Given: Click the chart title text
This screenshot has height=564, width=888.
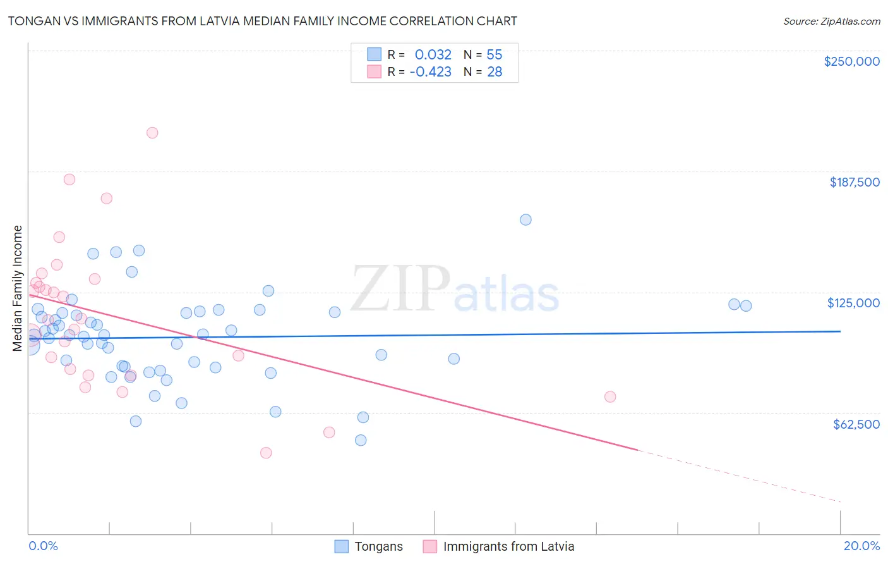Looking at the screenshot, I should tap(262, 21).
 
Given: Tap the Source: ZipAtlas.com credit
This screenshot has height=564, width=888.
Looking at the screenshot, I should tap(831, 21).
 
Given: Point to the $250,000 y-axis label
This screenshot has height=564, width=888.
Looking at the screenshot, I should tap(851, 61).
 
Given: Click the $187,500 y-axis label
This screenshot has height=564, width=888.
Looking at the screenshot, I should tap(854, 182).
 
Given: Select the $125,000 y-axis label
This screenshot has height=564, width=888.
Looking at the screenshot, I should tap(853, 303).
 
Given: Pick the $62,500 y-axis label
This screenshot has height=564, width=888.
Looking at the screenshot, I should tap(856, 424).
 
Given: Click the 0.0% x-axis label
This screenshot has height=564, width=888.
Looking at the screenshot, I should tap(43, 546).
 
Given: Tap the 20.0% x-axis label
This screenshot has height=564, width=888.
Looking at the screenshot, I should tap(861, 546).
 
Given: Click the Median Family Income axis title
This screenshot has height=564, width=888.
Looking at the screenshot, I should tap(18, 288).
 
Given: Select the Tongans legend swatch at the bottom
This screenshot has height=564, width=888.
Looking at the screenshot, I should tap(342, 546).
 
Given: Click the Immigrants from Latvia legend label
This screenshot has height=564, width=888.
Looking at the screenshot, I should tap(508, 546).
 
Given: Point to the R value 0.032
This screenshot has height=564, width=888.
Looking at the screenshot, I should tap(433, 55).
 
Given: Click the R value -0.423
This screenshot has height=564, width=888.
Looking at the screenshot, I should tap(430, 72).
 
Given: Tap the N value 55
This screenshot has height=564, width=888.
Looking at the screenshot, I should tap(495, 55).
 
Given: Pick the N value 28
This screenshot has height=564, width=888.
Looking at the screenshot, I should tap(495, 72).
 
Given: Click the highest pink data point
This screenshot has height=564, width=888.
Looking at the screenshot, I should tap(152, 133).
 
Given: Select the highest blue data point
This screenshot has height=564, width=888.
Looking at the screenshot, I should tap(525, 220).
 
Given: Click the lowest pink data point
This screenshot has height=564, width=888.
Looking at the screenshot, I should tap(266, 453).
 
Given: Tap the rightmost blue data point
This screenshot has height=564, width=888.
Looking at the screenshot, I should tap(746, 306).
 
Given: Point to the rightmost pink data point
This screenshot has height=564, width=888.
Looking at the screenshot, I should tap(610, 397).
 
